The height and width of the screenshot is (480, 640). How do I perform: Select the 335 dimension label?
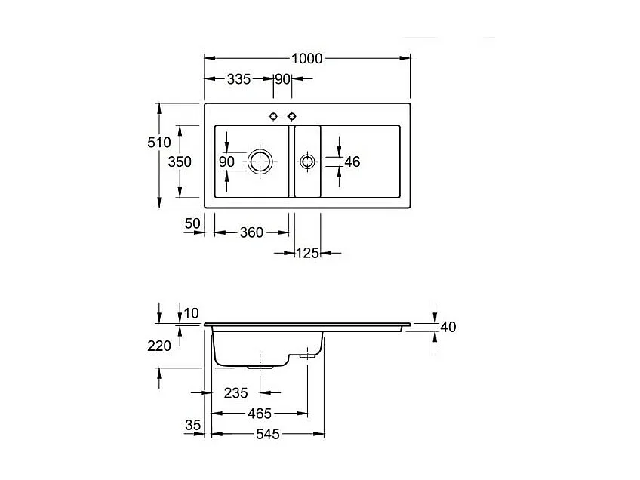[238, 79]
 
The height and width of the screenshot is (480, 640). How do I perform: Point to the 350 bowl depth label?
[180, 162]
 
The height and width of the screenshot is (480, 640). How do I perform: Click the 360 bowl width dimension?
[251, 232]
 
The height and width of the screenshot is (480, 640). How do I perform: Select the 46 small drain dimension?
[352, 162]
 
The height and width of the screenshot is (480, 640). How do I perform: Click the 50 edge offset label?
[192, 223]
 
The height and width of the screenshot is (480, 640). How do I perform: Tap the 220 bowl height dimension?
[159, 346]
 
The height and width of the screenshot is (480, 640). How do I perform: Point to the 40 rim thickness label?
[448, 327]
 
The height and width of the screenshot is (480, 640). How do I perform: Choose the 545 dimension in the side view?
[267, 434]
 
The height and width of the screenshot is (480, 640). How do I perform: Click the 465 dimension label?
[259, 414]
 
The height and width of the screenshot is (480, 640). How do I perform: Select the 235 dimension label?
[235, 392]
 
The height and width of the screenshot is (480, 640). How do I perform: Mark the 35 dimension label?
[193, 426]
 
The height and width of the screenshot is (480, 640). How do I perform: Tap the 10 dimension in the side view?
[191, 312]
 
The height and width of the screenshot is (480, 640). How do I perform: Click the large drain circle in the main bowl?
[259, 161]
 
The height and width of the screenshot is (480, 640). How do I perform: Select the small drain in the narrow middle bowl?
[307, 162]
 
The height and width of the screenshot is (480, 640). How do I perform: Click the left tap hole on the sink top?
[274, 115]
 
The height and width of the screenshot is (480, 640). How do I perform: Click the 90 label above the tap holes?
[283, 79]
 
